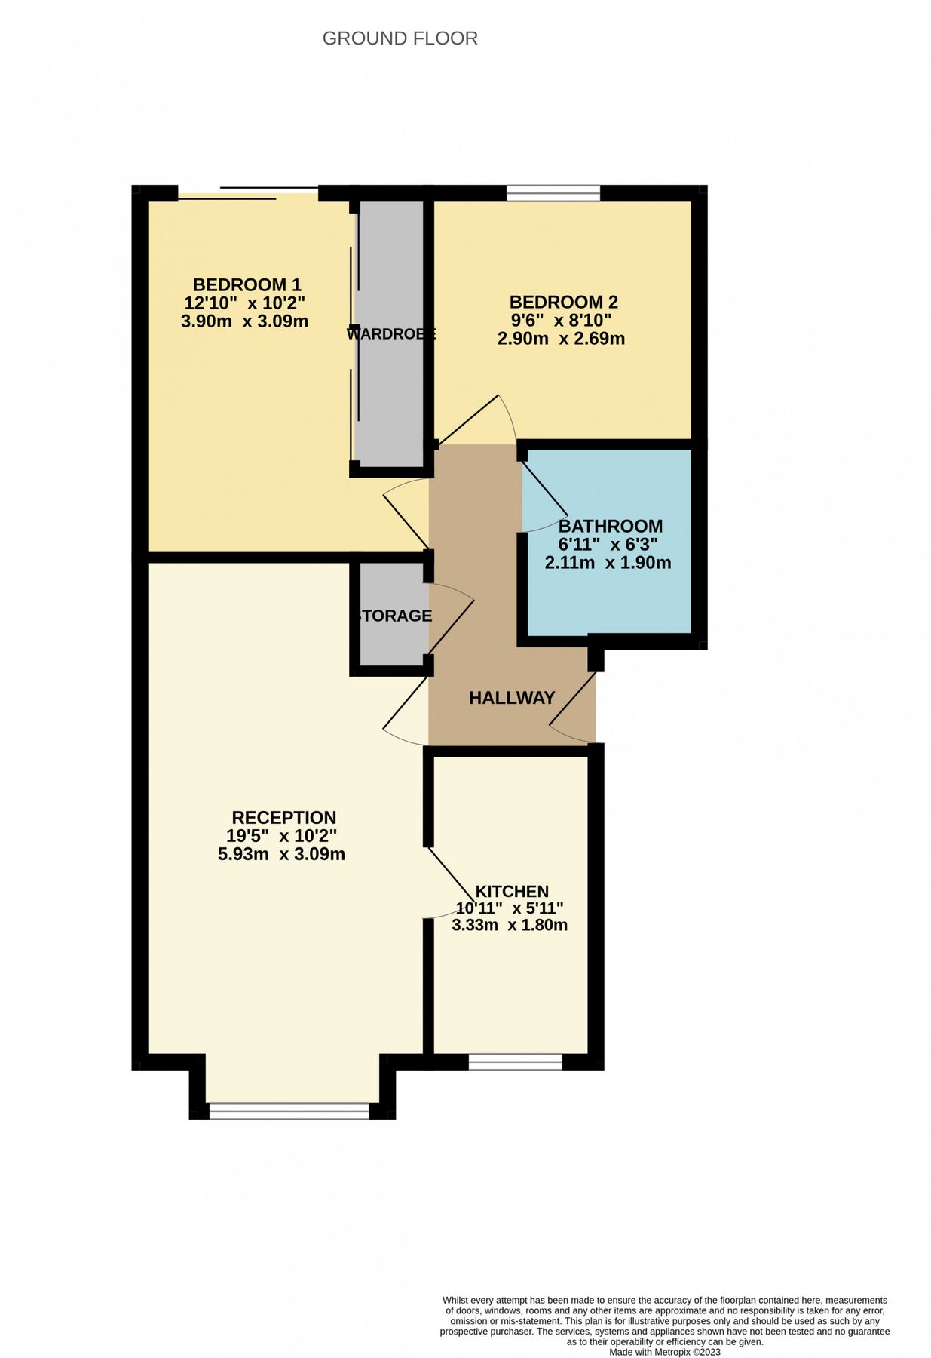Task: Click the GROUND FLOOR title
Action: coord(400,38)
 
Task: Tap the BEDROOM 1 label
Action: coord(247,285)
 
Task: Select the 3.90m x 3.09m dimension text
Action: coord(244,321)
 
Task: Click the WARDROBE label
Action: coord(391,333)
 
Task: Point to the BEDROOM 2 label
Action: coord(563,303)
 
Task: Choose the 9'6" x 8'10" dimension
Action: coord(561,321)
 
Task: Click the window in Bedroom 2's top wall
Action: coord(553,194)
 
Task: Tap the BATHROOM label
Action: coord(610,526)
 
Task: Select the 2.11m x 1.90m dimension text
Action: coord(608,563)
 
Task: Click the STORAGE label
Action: coord(394,616)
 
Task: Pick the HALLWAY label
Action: coord(512,698)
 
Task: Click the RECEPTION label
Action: coord(283,818)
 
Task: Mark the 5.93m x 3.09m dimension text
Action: coord(281,855)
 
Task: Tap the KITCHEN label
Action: coord(511,892)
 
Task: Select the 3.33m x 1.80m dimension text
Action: coord(510,925)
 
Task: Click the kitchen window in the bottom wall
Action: coord(516,1062)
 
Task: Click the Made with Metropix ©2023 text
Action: coord(665,1352)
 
